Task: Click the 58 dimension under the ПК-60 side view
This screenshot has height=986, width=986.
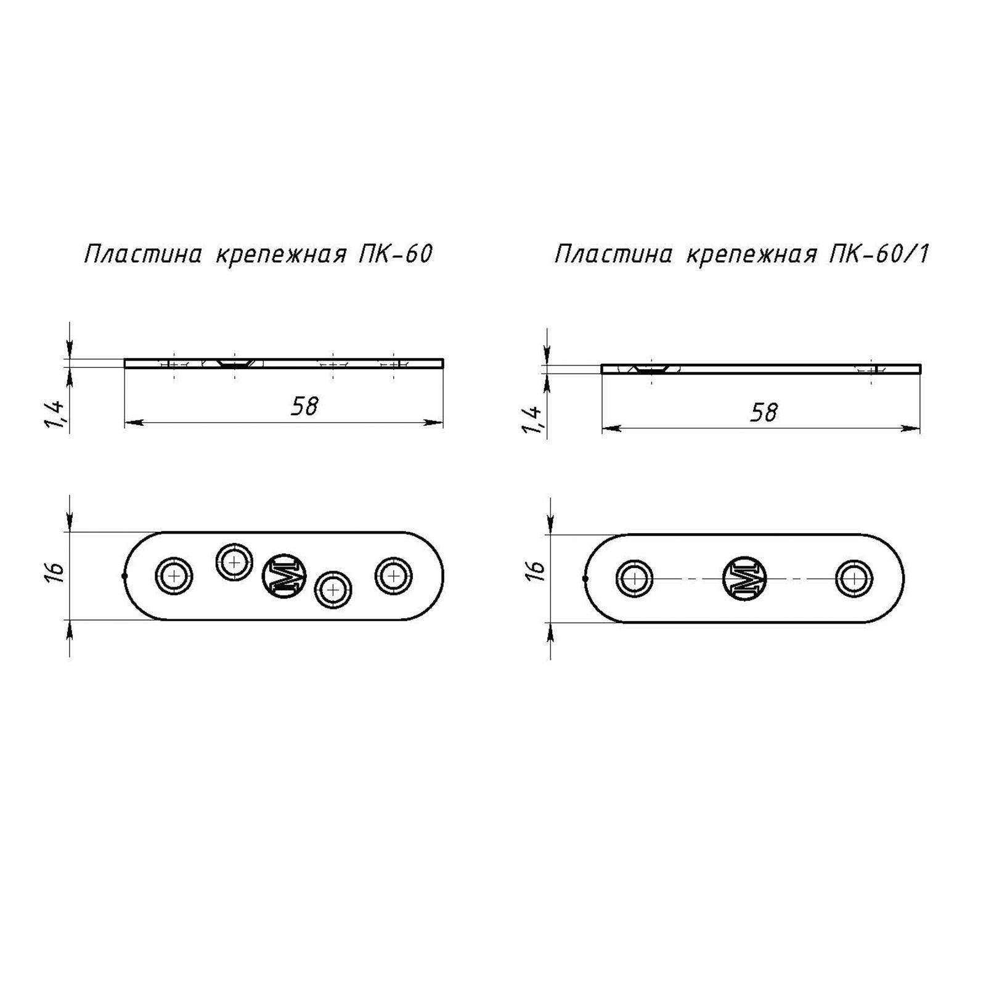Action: [x=304, y=406]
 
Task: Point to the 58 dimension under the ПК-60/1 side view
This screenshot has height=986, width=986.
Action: [x=764, y=412]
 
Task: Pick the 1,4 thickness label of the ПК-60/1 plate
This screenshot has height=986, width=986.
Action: [x=532, y=420]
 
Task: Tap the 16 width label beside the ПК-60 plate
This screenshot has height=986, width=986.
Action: [x=55, y=572]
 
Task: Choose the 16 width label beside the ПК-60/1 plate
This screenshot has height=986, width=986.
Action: [x=537, y=570]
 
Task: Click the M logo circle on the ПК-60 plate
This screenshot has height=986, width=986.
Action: [x=284, y=576]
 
